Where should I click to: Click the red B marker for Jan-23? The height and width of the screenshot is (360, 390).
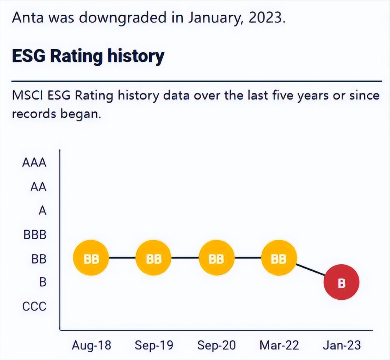pos(341,283)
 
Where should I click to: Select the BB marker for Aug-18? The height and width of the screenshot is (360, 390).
pos(91,258)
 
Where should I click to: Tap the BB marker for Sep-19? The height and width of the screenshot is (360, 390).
pos(153,258)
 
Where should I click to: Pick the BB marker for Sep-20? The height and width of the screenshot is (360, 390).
pos(216,258)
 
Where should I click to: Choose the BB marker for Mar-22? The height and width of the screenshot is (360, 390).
pos(279,258)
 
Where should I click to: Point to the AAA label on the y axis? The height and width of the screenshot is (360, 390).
pos(34,163)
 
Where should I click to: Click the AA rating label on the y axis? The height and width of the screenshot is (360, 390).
pos(38,187)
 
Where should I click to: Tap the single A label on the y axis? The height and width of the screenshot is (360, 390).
pos(42,211)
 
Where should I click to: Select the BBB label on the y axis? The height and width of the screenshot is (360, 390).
pos(35,234)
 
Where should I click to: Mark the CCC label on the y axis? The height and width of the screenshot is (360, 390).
pos(34,307)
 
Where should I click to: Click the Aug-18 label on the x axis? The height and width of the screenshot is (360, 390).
pos(91,345)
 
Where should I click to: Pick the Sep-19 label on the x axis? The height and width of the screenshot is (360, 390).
pos(153,345)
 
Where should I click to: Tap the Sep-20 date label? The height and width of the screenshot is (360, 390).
pos(216,345)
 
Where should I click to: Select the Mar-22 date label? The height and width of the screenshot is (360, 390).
pos(279,345)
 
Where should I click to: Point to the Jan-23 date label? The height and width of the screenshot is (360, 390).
pos(342,345)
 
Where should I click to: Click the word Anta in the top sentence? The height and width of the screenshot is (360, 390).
pos(28,17)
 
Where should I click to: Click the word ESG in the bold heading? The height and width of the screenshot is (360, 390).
pos(29,56)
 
